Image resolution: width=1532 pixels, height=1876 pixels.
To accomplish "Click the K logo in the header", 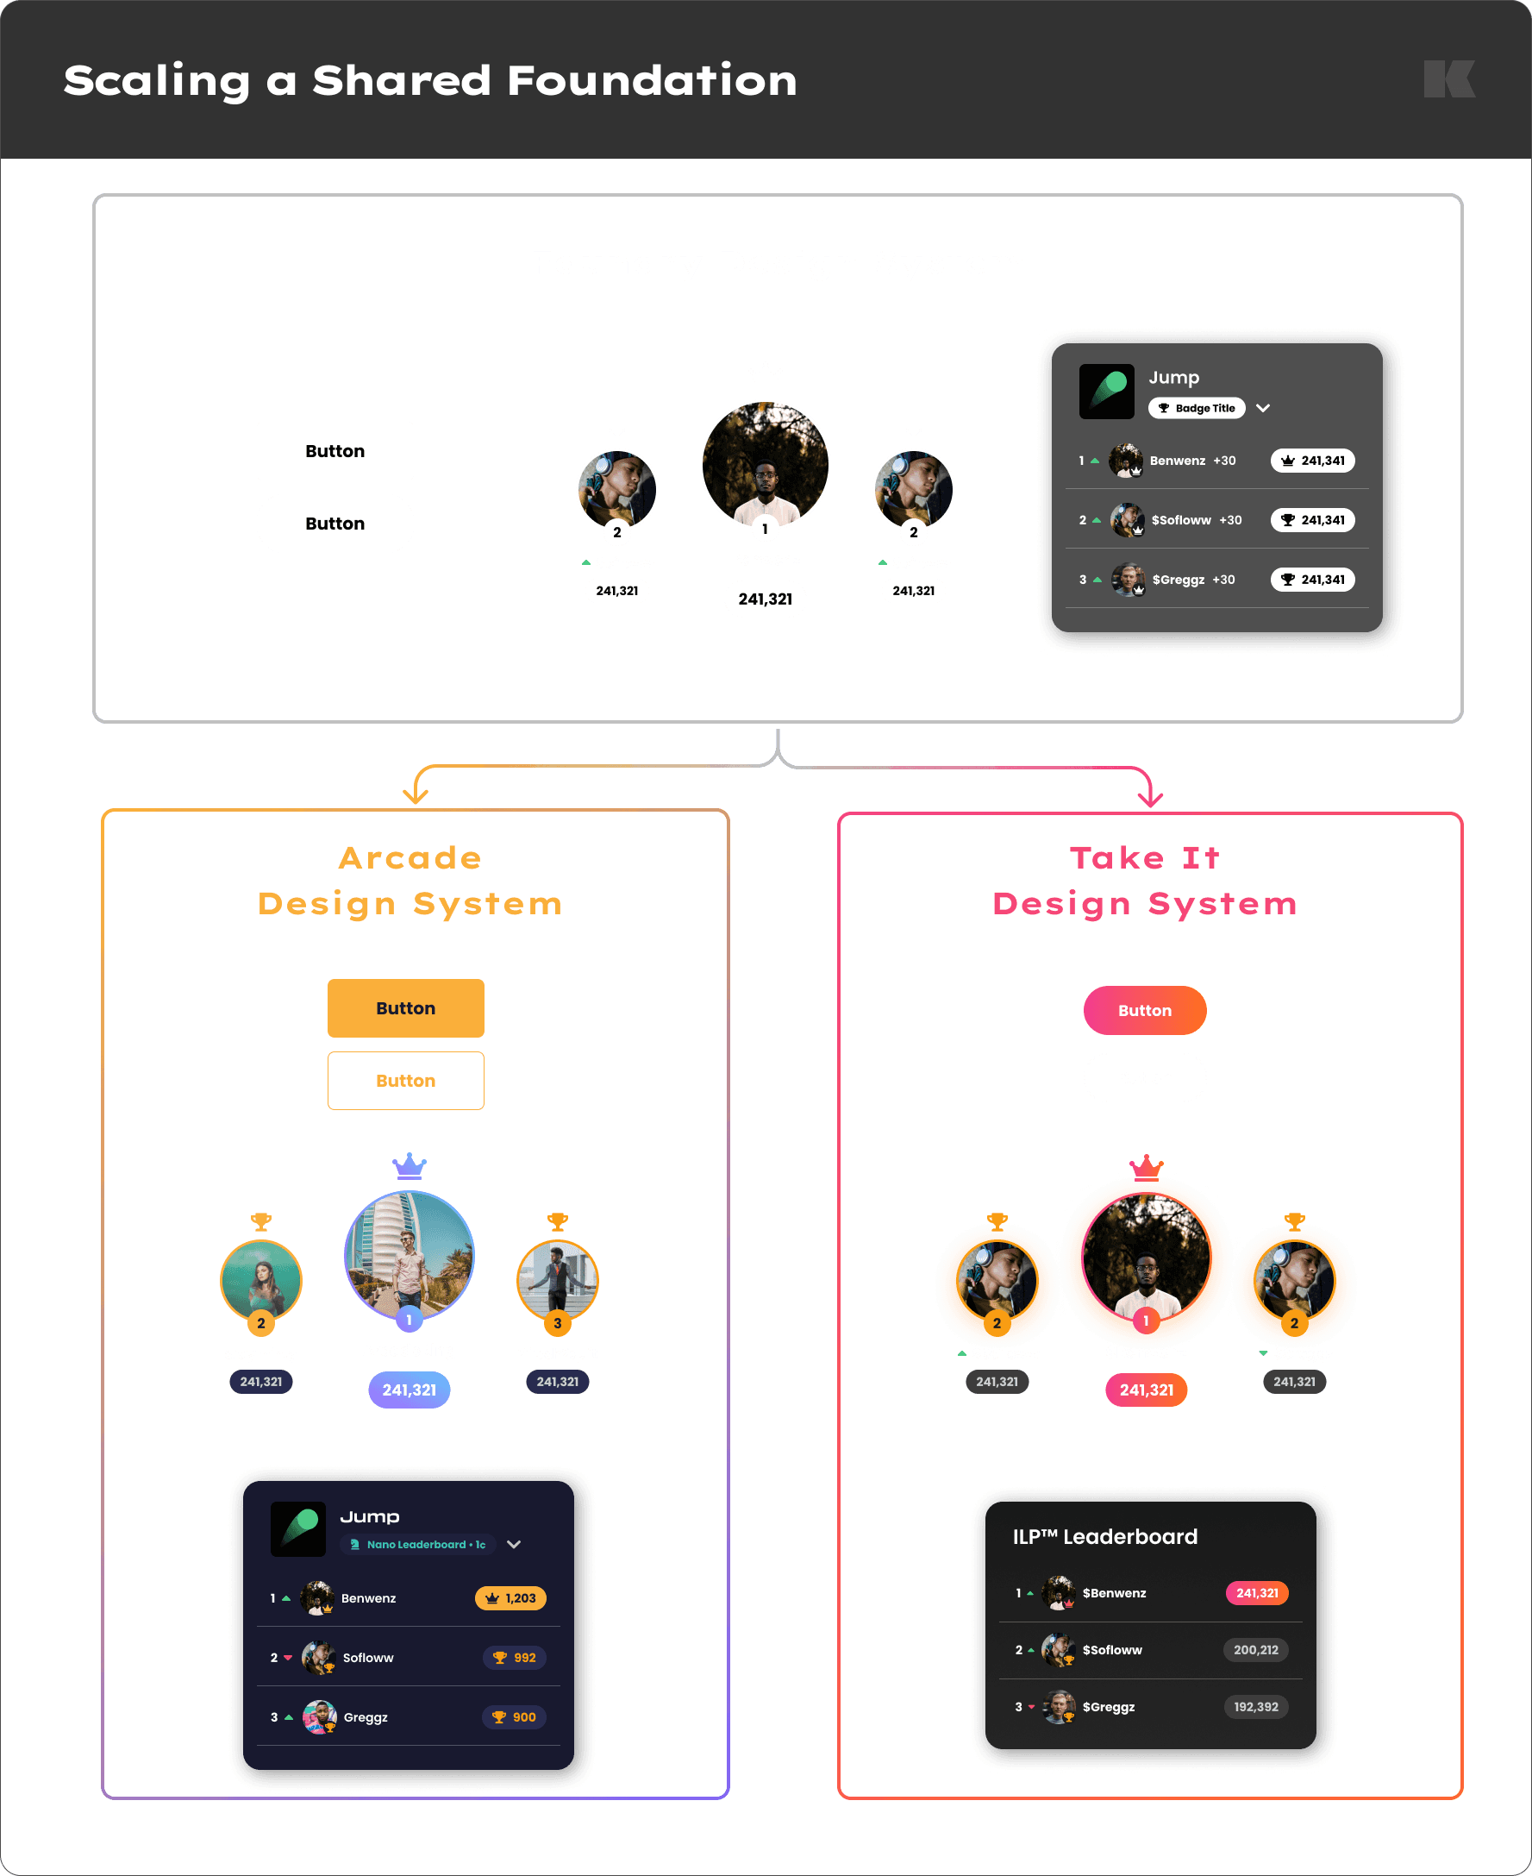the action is pos(1449,79).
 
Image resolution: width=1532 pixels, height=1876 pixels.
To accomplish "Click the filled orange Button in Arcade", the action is pos(406,1008).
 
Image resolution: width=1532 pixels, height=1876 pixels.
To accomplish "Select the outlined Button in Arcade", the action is pos(406,1081).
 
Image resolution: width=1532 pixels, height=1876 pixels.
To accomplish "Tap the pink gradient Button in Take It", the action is pos(1145,1010).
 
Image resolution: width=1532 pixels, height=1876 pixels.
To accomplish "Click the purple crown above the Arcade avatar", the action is pos(410,1166).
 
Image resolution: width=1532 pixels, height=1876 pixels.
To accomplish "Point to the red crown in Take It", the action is pos(1147,1167).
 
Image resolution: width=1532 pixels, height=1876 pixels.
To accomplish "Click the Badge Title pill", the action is pos(1197,408).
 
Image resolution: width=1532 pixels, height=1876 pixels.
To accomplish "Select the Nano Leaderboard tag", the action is pos(417,1544).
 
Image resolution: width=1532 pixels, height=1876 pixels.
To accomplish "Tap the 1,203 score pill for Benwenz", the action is pos(511,1598).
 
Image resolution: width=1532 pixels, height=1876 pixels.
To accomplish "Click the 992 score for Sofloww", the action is pos(515,1658).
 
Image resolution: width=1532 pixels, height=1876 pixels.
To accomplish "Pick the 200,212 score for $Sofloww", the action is pos(1256,1650).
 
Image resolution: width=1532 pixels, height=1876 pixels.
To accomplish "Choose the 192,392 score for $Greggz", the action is pos(1256,1706).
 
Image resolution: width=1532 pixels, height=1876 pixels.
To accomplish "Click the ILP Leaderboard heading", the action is pos(1105,1536).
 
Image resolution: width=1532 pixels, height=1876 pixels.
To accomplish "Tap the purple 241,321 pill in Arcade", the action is pos(410,1390).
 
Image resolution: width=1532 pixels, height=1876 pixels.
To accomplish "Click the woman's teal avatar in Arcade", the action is pos(261,1280).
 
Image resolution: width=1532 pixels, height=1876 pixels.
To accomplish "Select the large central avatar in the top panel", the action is pos(765,465).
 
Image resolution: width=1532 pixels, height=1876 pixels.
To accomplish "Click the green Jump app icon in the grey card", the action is pos(1107,392).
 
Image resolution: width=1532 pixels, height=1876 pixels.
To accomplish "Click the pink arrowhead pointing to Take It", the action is pos(1150,797).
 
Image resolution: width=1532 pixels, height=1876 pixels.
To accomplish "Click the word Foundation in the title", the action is pos(652,80).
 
